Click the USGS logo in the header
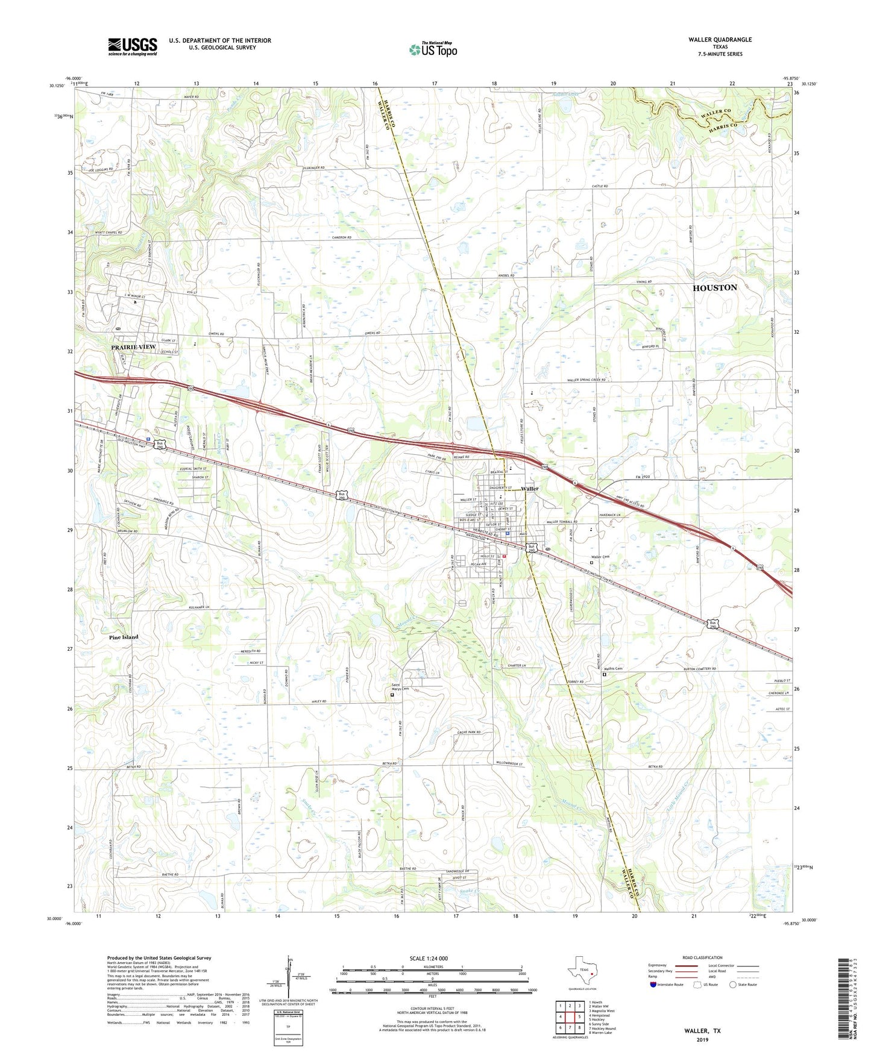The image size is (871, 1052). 133,46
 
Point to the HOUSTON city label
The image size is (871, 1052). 714,288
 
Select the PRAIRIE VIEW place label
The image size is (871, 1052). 133,348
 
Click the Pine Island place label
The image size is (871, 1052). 124,637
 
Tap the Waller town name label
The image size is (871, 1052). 530,489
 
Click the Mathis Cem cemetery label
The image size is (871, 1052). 617,668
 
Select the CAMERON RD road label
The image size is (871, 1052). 341,238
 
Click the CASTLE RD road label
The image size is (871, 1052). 600,187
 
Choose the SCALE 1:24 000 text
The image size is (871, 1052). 429,958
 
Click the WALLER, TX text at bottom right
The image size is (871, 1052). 702,1031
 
